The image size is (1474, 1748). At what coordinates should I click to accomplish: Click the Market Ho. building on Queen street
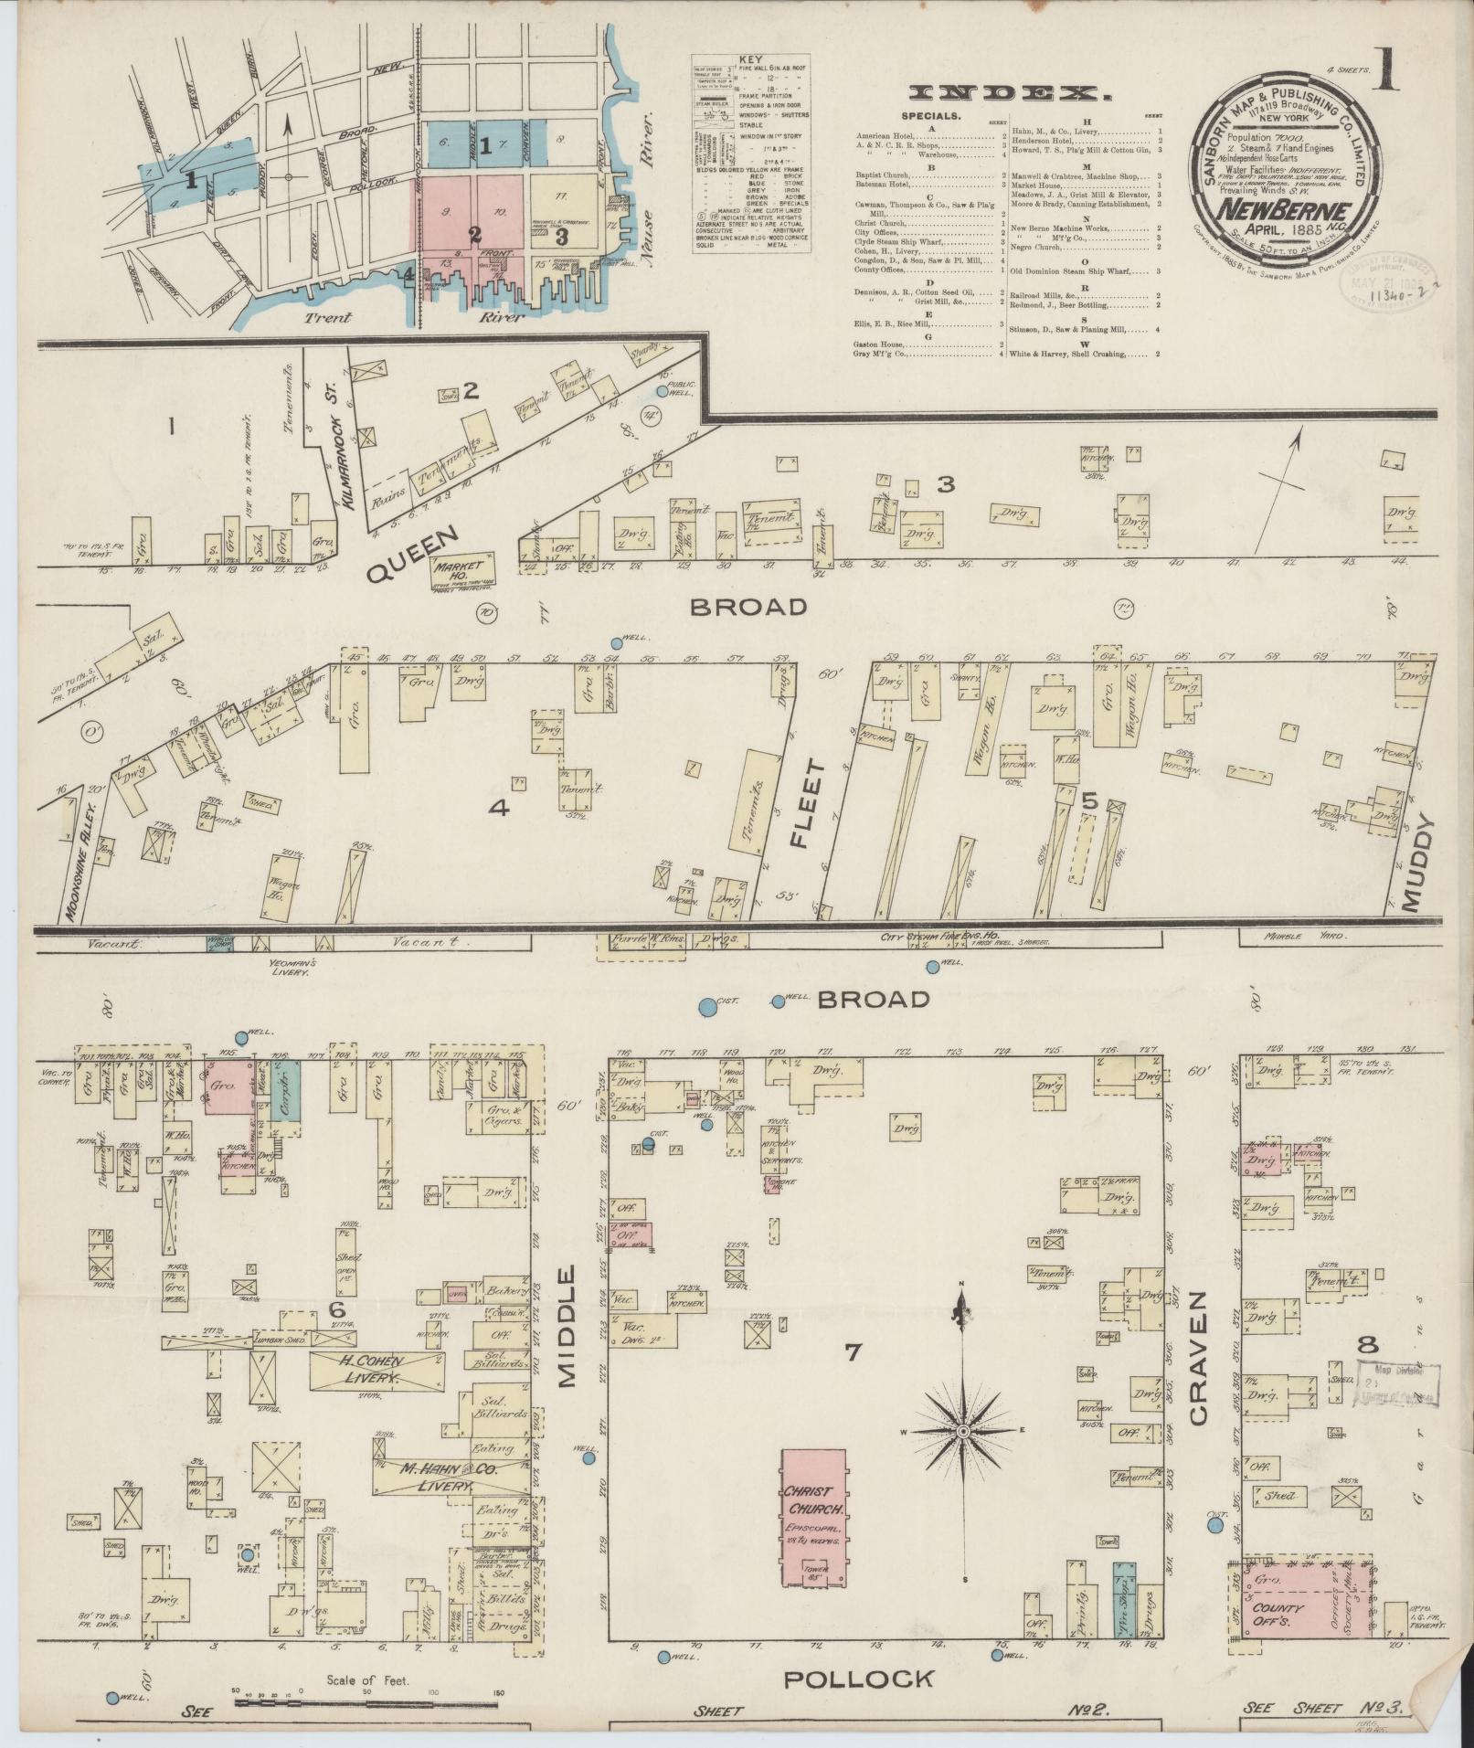pyautogui.click(x=463, y=572)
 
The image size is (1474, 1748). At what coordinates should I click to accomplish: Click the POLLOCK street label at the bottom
pyautogui.click(x=859, y=1678)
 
